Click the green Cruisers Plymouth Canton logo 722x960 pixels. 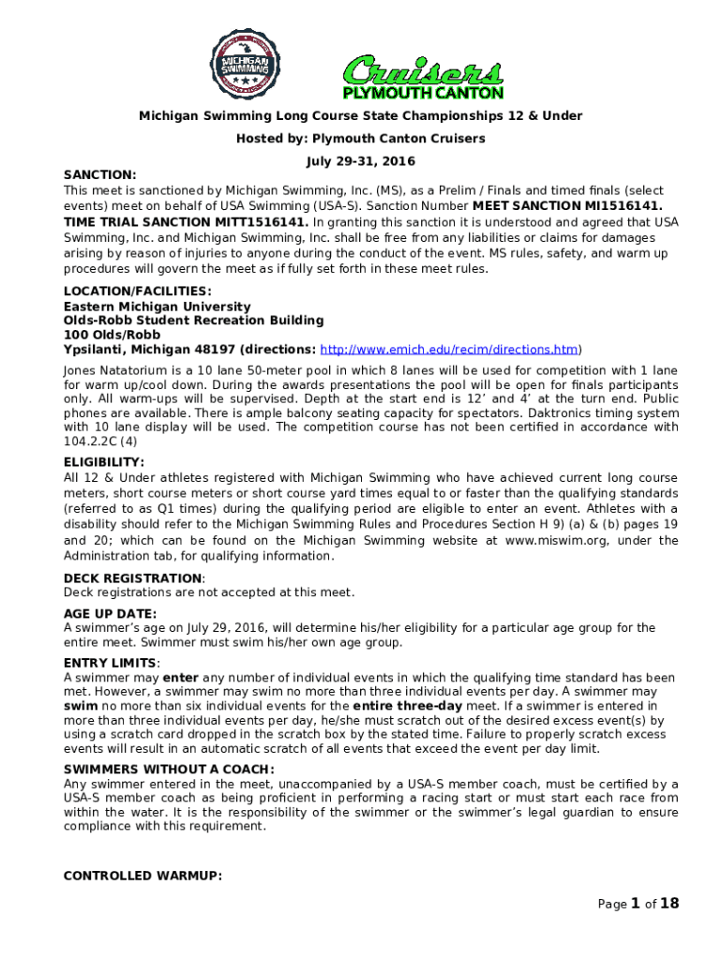pyautogui.click(x=422, y=76)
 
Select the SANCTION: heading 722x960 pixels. pyautogui.click(x=99, y=174)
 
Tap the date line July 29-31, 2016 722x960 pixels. pyautogui.click(x=360, y=161)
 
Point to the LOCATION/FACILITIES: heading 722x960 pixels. pyautogui.click(x=137, y=292)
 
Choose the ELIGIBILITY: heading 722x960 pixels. pyautogui.click(x=103, y=462)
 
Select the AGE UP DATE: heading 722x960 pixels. pyautogui.click(x=109, y=614)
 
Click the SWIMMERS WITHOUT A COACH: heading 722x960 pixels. pyautogui.click(x=169, y=770)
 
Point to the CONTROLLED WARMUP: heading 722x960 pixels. pyautogui.click(x=143, y=876)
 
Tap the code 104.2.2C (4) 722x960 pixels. pyautogui.click(x=100, y=440)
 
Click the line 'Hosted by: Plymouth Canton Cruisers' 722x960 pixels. pyautogui.click(x=361, y=139)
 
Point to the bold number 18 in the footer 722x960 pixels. pyautogui.click(x=669, y=904)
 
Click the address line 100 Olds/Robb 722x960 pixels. pyautogui.click(x=112, y=335)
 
